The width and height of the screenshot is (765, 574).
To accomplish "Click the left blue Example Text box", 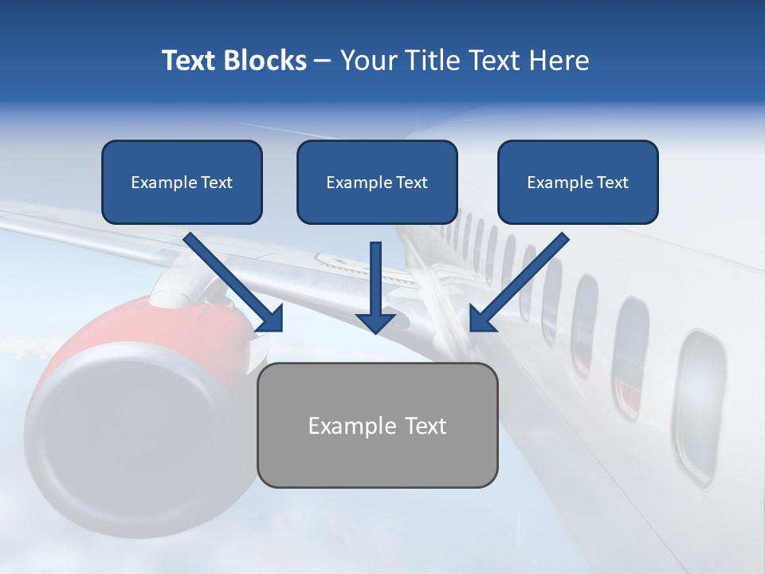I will click(182, 182).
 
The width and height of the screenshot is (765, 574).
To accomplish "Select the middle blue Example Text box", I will click(377, 182).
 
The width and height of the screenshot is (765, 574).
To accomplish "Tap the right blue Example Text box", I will click(578, 182).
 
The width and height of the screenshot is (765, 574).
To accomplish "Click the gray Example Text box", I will click(377, 425).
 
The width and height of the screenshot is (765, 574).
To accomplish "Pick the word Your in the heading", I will click(367, 61).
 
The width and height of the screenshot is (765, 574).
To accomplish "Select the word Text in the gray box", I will click(426, 426).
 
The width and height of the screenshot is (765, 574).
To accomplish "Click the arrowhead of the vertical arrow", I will click(376, 320).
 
